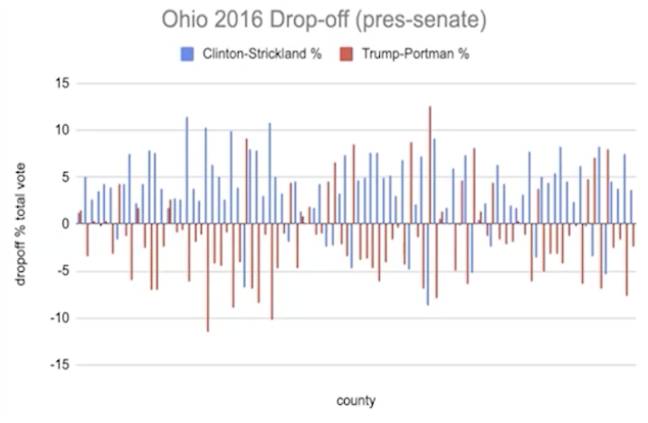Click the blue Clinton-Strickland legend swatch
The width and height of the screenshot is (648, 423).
(x=187, y=53)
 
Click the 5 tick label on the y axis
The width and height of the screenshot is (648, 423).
(x=65, y=177)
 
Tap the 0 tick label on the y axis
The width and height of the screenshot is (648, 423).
(x=65, y=224)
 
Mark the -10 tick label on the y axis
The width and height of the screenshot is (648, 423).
(x=60, y=318)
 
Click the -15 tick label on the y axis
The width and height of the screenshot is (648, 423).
(x=60, y=365)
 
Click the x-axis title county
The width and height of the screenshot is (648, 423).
(x=356, y=399)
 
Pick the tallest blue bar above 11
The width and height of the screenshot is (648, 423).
(x=186, y=170)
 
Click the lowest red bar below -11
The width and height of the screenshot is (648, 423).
(x=207, y=277)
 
